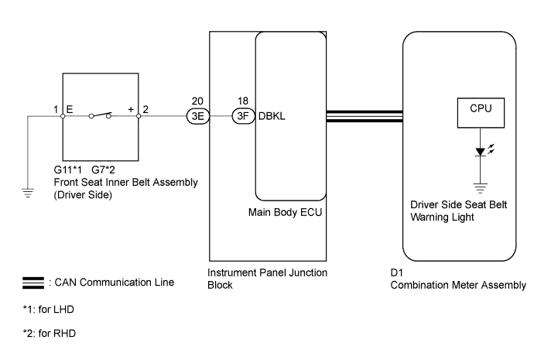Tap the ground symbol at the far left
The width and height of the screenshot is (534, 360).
click(x=29, y=193)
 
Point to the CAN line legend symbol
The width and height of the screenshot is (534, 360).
click(x=36, y=283)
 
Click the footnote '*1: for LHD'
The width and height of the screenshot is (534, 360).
click(x=49, y=309)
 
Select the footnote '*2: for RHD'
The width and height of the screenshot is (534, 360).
click(x=49, y=334)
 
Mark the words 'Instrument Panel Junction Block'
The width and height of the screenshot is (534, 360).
click(x=256, y=279)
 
